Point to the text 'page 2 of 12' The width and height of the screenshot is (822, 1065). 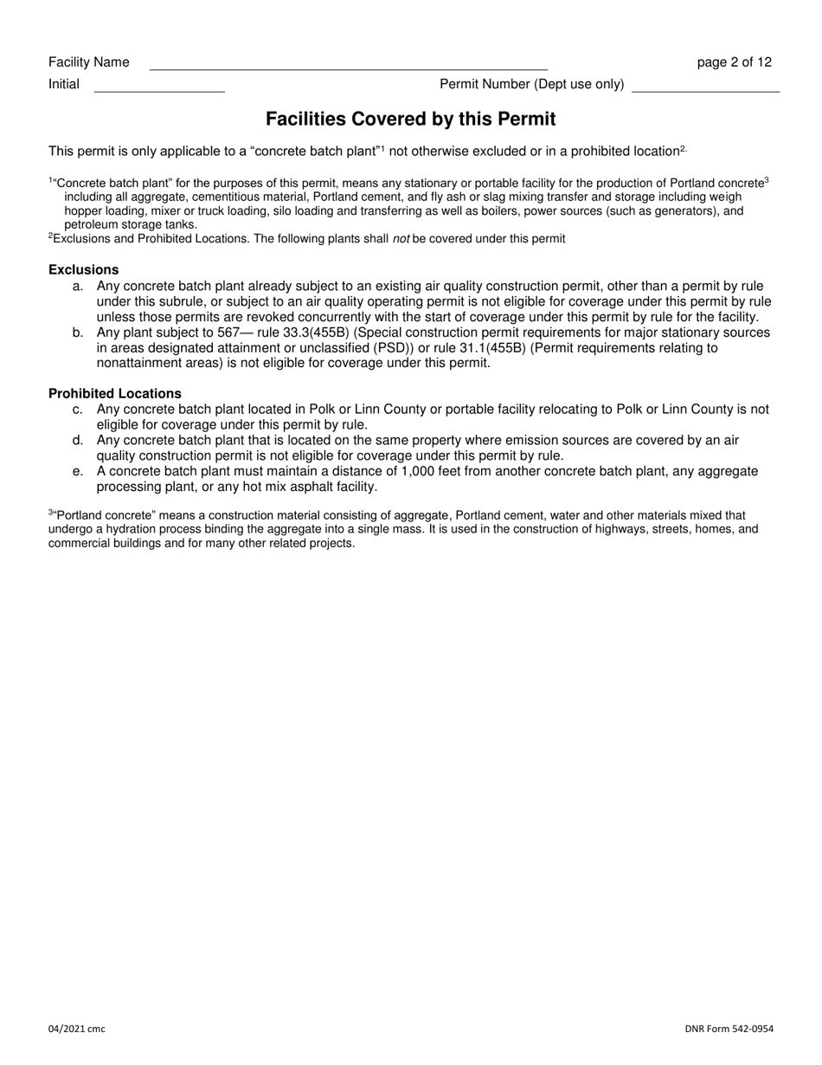734,62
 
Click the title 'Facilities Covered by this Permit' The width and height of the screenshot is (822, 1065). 410,119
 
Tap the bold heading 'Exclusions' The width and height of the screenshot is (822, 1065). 84,269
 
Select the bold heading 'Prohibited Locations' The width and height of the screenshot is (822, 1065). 115,394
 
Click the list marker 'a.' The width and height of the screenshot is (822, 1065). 79,286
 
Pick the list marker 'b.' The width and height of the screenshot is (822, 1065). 79,332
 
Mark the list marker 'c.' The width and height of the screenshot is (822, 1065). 79,410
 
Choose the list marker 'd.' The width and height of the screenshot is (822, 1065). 79,441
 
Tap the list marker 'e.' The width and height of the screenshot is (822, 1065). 79,472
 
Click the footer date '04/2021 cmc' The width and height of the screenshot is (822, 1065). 77,1029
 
